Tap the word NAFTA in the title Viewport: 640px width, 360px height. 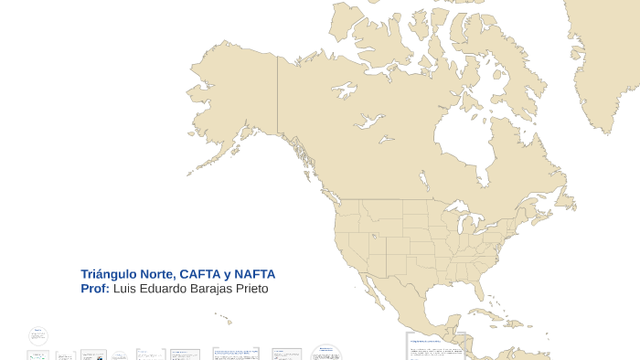click(255, 274)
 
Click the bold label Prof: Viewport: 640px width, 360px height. click(95, 289)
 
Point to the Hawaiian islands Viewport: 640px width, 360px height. click(225, 319)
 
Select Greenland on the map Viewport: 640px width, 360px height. click(603, 55)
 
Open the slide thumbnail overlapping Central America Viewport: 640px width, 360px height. click(435, 346)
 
